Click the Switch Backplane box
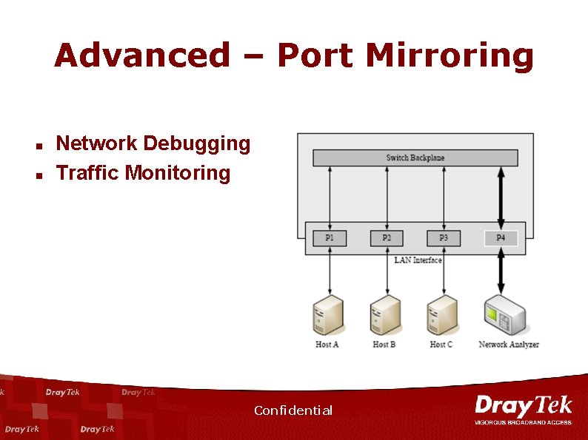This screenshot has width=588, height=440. (x=415, y=158)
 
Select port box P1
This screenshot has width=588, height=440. (x=330, y=238)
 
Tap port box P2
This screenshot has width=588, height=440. (x=387, y=238)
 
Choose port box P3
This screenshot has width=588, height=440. (x=444, y=238)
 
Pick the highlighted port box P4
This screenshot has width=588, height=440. (x=501, y=238)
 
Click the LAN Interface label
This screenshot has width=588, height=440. (x=418, y=260)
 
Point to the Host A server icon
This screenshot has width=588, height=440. (x=328, y=315)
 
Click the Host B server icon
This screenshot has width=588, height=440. (x=385, y=315)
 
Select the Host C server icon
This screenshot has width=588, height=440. (x=441, y=315)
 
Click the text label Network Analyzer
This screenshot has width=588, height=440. (x=509, y=345)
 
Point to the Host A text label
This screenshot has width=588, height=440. (x=327, y=345)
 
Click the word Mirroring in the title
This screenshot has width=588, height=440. (x=450, y=56)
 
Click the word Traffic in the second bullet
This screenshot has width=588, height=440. (x=88, y=173)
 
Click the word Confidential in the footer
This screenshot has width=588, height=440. (x=293, y=410)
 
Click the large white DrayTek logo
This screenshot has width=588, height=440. (x=523, y=407)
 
